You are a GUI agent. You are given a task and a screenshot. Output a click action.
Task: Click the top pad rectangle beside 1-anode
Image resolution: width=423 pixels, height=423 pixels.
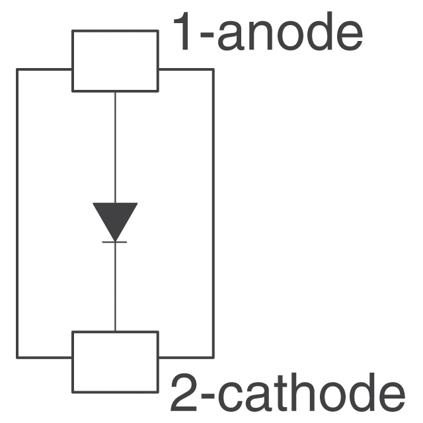click(x=115, y=60)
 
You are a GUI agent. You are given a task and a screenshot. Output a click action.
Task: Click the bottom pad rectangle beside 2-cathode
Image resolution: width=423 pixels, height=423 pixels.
click(x=115, y=362)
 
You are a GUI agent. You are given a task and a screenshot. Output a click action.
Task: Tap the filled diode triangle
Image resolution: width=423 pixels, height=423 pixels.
click(x=115, y=219)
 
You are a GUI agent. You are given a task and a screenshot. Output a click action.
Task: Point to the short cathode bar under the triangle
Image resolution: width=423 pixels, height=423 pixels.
click(x=115, y=242)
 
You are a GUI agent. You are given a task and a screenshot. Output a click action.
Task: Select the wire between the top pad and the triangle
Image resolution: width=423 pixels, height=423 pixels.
click(x=115, y=145)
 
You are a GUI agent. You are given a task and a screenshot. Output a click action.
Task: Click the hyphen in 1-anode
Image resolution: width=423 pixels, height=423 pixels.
click(x=206, y=38)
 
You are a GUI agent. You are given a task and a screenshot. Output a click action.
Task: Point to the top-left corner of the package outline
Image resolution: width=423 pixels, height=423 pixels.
click(x=18, y=69)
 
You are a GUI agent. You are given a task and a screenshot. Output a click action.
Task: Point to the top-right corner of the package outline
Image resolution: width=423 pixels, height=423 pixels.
click(x=213, y=69)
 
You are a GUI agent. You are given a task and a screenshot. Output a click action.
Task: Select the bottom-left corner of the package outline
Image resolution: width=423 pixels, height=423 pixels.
click(x=18, y=357)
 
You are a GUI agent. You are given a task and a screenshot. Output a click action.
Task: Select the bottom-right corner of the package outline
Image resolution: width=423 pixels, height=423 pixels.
click(x=213, y=357)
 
